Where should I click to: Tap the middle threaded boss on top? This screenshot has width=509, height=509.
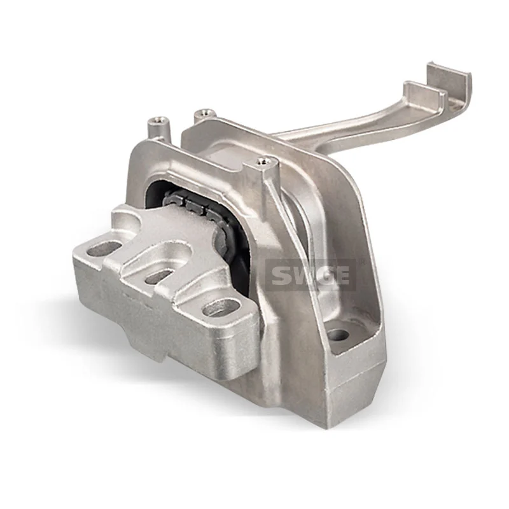pyautogui.click(x=202, y=115)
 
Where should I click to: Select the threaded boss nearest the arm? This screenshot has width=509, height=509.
pyautogui.click(x=265, y=164)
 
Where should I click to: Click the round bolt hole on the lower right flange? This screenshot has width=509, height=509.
pyautogui.click(x=339, y=334)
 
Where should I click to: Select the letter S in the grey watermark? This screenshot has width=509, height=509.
pyautogui.click(x=281, y=275)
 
